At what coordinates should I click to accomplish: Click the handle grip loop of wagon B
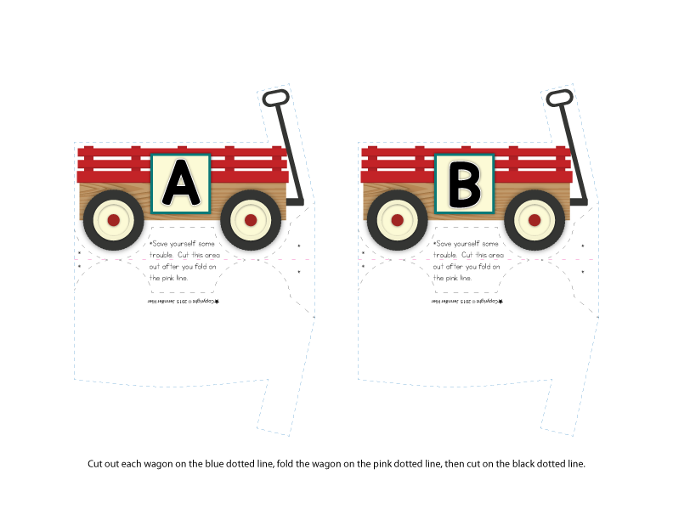click(x=559, y=99)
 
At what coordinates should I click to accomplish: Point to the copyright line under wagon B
click(x=467, y=301)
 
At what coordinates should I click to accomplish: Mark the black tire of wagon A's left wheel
click(x=92, y=220)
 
